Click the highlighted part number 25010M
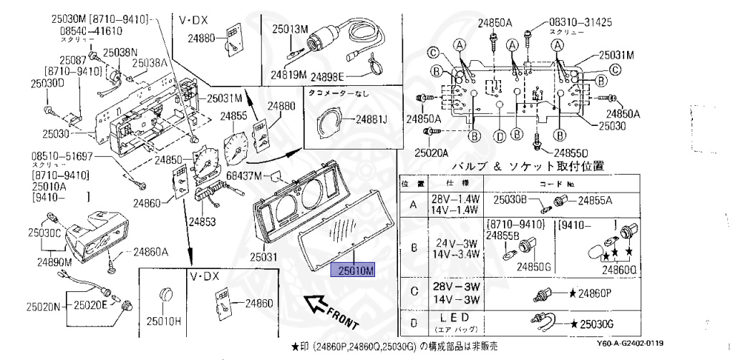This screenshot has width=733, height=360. pyautogui.click(x=351, y=271)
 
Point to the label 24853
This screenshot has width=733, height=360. pyautogui.click(x=202, y=223)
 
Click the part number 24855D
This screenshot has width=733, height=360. pyautogui.click(x=570, y=152)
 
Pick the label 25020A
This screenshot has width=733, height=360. pyautogui.click(x=429, y=152)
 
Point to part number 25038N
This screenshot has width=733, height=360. pyautogui.click(x=120, y=52)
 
